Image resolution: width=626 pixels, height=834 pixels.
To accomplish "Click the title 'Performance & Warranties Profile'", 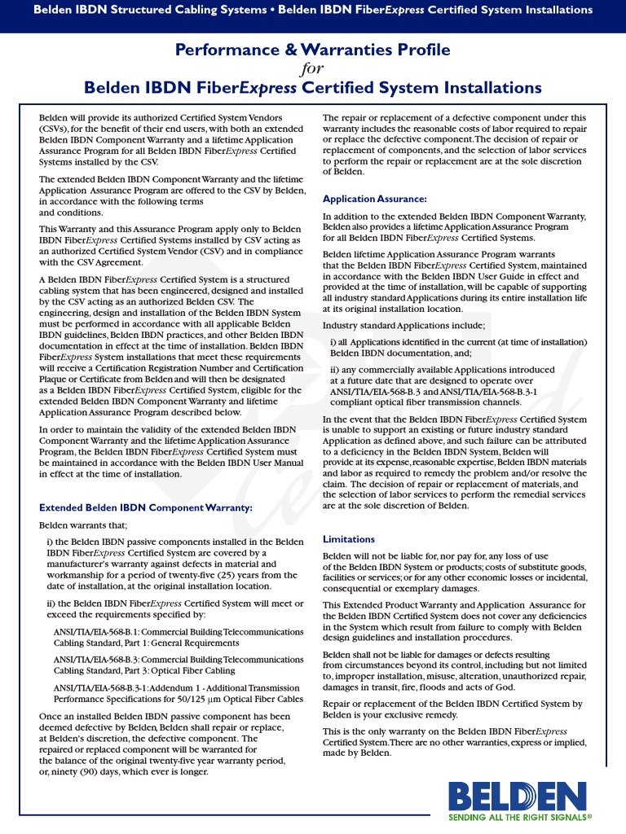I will [313, 50].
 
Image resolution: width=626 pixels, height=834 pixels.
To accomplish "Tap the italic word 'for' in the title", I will [313, 69].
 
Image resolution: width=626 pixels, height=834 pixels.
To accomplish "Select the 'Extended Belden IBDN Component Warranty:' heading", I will [146, 507].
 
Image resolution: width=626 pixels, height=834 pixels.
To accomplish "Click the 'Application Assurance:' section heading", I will [374, 199].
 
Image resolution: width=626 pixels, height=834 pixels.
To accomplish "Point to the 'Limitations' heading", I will [349, 539].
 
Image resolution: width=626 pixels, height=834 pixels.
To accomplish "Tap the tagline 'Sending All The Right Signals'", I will [519, 815].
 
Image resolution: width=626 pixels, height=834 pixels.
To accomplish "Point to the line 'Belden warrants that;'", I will [83, 525].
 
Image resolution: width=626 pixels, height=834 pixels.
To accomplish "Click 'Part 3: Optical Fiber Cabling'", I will [145, 670].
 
